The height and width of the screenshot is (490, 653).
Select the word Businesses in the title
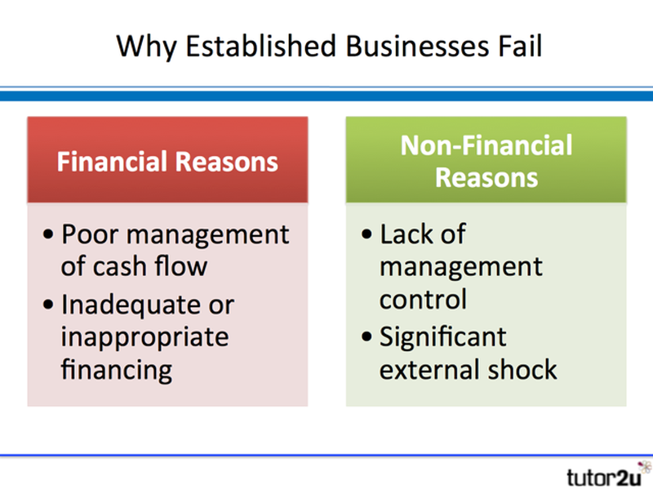coord(409,46)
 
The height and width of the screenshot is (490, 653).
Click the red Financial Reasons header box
coord(167,160)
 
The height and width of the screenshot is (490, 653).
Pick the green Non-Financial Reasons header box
coord(486,160)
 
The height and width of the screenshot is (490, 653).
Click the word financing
coord(117,369)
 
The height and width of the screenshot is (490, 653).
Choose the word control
coord(423,298)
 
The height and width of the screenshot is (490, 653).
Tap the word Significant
coord(443,336)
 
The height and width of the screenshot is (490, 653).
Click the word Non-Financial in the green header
coord(486,145)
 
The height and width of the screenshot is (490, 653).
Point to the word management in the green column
coord(460,266)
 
